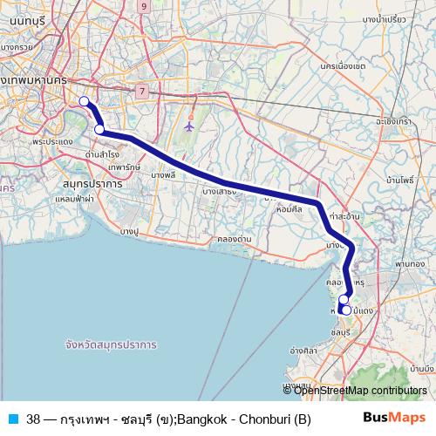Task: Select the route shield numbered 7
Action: coord(140,91)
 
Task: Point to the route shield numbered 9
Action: coord(143,6)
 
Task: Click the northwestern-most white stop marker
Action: coord(85,101)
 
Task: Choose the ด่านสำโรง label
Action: coord(103,153)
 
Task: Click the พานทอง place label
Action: coord(409,262)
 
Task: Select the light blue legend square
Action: coord(12,417)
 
